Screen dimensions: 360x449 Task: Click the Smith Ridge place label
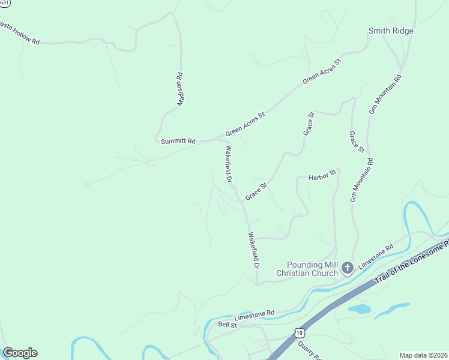391,31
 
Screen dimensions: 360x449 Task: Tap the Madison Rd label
179,89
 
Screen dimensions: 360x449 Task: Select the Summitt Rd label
178,141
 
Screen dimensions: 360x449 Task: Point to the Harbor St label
321,178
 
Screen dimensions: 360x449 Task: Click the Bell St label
228,324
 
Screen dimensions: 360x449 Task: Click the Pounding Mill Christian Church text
307,269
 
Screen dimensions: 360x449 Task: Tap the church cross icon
347,268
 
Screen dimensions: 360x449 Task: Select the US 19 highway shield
299,332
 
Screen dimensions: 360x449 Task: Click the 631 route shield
4,3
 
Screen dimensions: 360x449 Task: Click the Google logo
20,353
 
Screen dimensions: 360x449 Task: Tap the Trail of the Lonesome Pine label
412,262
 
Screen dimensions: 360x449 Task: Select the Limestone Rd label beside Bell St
254,313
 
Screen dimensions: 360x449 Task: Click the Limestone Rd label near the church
376,256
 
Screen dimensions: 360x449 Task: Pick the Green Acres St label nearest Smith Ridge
322,71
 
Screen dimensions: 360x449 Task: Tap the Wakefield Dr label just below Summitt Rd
228,163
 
